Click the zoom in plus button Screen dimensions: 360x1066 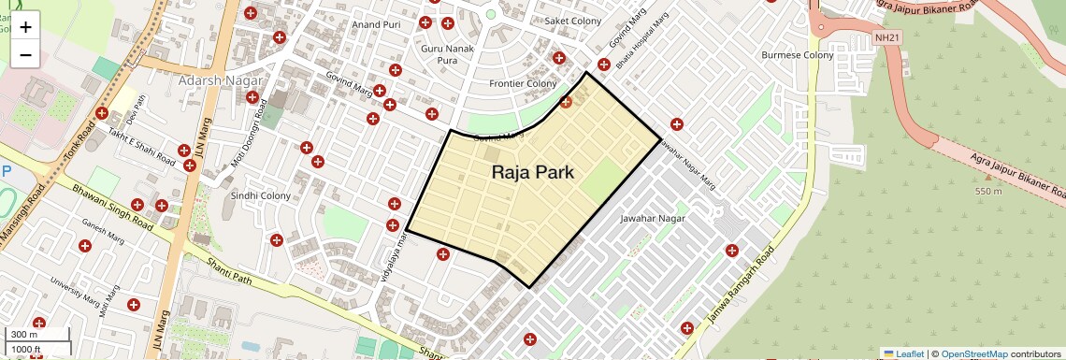point(25,27)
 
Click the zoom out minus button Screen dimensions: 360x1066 point(25,55)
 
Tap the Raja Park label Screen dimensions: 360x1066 point(532,172)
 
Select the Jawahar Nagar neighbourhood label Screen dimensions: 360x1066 point(653,218)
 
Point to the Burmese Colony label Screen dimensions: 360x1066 point(797,55)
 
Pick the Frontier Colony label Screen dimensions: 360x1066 point(523,83)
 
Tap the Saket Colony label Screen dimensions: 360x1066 point(573,21)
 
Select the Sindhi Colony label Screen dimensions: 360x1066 point(261,195)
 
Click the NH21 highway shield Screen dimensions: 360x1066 point(886,37)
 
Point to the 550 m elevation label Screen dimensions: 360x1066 point(988,192)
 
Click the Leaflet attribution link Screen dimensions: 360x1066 point(903,353)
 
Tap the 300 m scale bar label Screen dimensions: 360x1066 point(24,335)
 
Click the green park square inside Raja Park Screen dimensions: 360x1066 point(601,178)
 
